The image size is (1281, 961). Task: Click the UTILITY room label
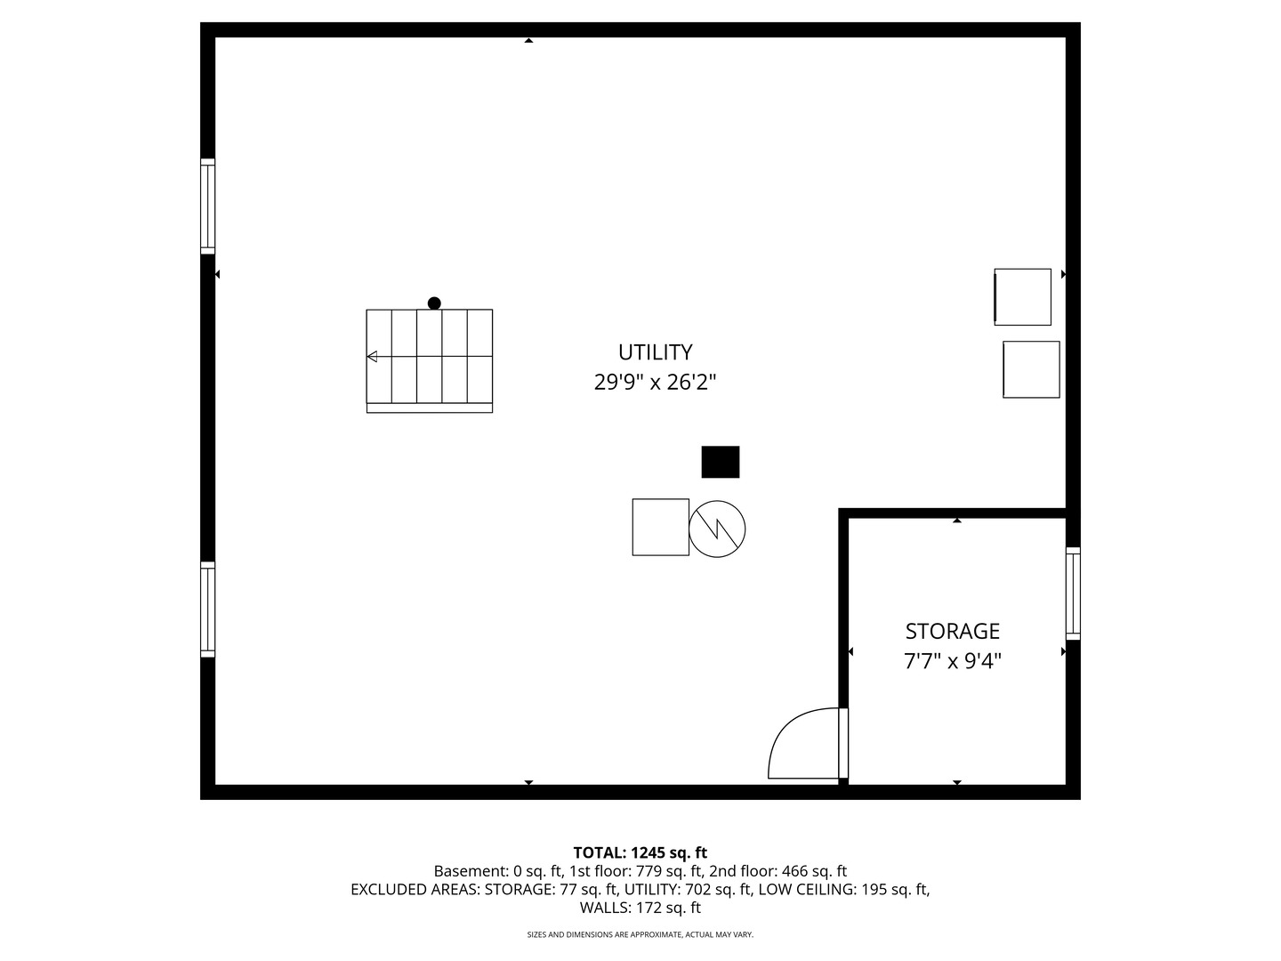click(655, 352)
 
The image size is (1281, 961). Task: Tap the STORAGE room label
click(953, 632)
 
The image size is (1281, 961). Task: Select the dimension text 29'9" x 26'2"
click(655, 383)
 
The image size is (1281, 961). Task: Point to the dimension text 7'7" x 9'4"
click(953, 661)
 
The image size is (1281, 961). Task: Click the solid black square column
click(721, 462)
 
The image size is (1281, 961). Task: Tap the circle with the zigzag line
click(717, 529)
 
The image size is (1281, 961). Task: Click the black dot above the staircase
click(434, 303)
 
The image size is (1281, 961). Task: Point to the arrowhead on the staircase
click(372, 357)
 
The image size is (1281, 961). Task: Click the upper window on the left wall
click(208, 206)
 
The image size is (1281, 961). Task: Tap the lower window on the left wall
click(208, 610)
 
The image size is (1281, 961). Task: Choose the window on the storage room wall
click(1073, 594)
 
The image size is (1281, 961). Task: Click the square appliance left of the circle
click(661, 527)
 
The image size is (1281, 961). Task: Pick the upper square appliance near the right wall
click(1022, 297)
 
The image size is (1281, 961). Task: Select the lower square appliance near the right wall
click(1031, 370)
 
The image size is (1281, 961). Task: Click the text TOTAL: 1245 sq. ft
click(640, 853)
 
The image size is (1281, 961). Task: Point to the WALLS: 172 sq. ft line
click(640, 908)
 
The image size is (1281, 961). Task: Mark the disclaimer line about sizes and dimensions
click(640, 934)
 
